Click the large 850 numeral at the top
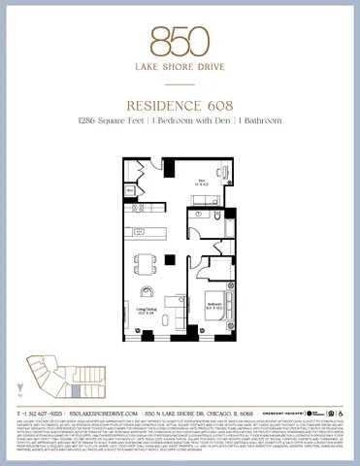click(180, 39)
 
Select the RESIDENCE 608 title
click(180, 103)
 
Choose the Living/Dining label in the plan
click(146, 308)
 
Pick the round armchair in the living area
click(147, 291)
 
